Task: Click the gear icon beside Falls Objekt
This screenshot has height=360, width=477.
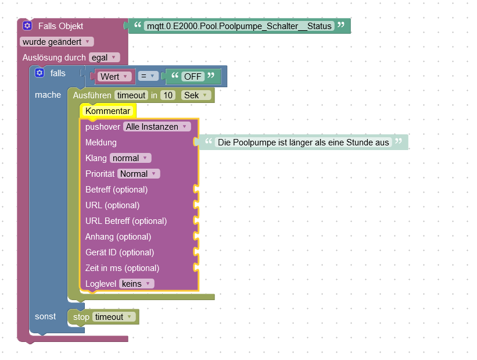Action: click(x=27, y=26)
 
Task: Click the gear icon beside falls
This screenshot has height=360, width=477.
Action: click(x=40, y=73)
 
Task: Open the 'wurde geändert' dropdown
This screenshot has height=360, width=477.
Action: click(x=56, y=42)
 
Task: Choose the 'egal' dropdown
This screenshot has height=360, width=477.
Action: click(x=104, y=58)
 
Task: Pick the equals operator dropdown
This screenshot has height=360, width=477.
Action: click(x=148, y=76)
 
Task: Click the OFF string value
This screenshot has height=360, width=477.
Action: click(x=193, y=77)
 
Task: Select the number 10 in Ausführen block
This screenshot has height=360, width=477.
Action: click(x=168, y=95)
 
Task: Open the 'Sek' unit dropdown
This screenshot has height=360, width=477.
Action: click(x=196, y=95)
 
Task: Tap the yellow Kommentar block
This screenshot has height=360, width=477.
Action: click(x=107, y=111)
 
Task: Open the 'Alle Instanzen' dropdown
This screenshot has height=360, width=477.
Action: click(x=157, y=127)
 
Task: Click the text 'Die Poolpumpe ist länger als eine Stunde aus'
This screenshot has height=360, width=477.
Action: click(x=303, y=142)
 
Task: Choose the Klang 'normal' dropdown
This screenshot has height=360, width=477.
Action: click(x=130, y=158)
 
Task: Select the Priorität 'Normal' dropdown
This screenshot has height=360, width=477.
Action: click(x=138, y=174)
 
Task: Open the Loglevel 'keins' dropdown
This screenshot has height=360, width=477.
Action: click(x=137, y=284)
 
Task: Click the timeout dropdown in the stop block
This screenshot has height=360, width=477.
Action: click(x=114, y=317)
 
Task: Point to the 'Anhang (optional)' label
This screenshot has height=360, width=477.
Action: click(x=118, y=237)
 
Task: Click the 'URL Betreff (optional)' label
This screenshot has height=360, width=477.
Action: click(x=125, y=221)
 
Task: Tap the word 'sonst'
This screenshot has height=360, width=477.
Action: click(x=45, y=316)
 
